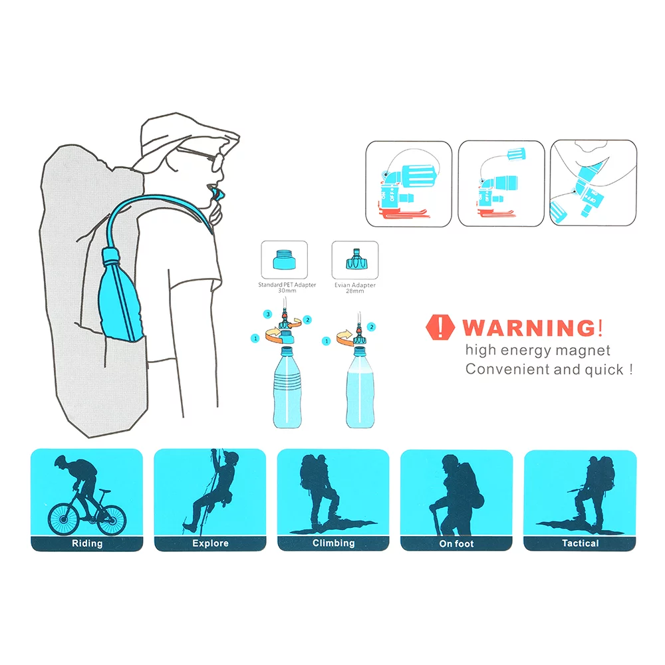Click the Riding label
click(x=87, y=543)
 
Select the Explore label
click(x=210, y=543)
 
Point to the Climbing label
click(x=333, y=543)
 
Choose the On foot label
click(x=456, y=543)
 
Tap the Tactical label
click(x=580, y=543)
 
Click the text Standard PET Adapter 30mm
click(x=287, y=288)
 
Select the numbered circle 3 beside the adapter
click(x=267, y=313)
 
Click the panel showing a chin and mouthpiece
click(x=594, y=183)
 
